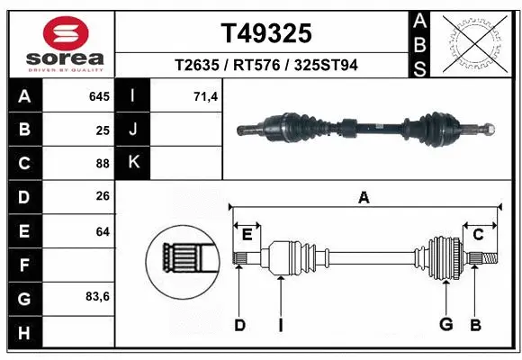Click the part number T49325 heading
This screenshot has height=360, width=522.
[x=267, y=33]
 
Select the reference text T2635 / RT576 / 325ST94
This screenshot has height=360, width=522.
[x=267, y=65]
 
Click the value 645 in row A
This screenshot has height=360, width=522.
[x=99, y=96]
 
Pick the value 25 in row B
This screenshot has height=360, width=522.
[x=103, y=130]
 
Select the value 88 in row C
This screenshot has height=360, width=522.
[x=103, y=164]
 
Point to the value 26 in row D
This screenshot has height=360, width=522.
[x=103, y=197]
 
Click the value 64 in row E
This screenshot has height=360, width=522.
[x=103, y=231]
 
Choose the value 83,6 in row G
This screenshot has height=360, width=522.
[x=97, y=296]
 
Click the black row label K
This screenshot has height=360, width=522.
[x=132, y=163]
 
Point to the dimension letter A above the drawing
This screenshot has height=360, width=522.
[x=364, y=197]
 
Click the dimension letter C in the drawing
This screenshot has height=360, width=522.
[x=479, y=234]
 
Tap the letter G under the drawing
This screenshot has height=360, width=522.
[x=445, y=325]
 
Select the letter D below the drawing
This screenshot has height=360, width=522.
[x=239, y=325]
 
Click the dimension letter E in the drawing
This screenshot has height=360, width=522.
[x=247, y=234]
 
